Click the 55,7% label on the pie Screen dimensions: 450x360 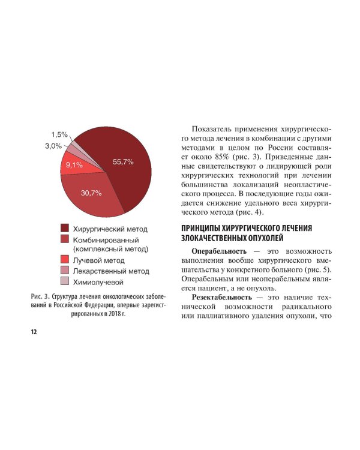[x=123, y=161]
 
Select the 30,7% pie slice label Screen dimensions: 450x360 [x=91, y=193]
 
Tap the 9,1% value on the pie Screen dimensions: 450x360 [x=74, y=164]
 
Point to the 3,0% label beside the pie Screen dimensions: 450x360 [x=53, y=146]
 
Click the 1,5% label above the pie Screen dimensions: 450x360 [x=59, y=134]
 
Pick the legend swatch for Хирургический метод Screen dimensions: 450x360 [x=64, y=228]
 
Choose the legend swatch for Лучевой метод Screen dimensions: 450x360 [x=64, y=260]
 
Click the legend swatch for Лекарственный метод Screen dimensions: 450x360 [x=64, y=271]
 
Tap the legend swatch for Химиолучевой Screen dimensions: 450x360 [x=64, y=281]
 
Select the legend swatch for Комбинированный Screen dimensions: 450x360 [x=64, y=239]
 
